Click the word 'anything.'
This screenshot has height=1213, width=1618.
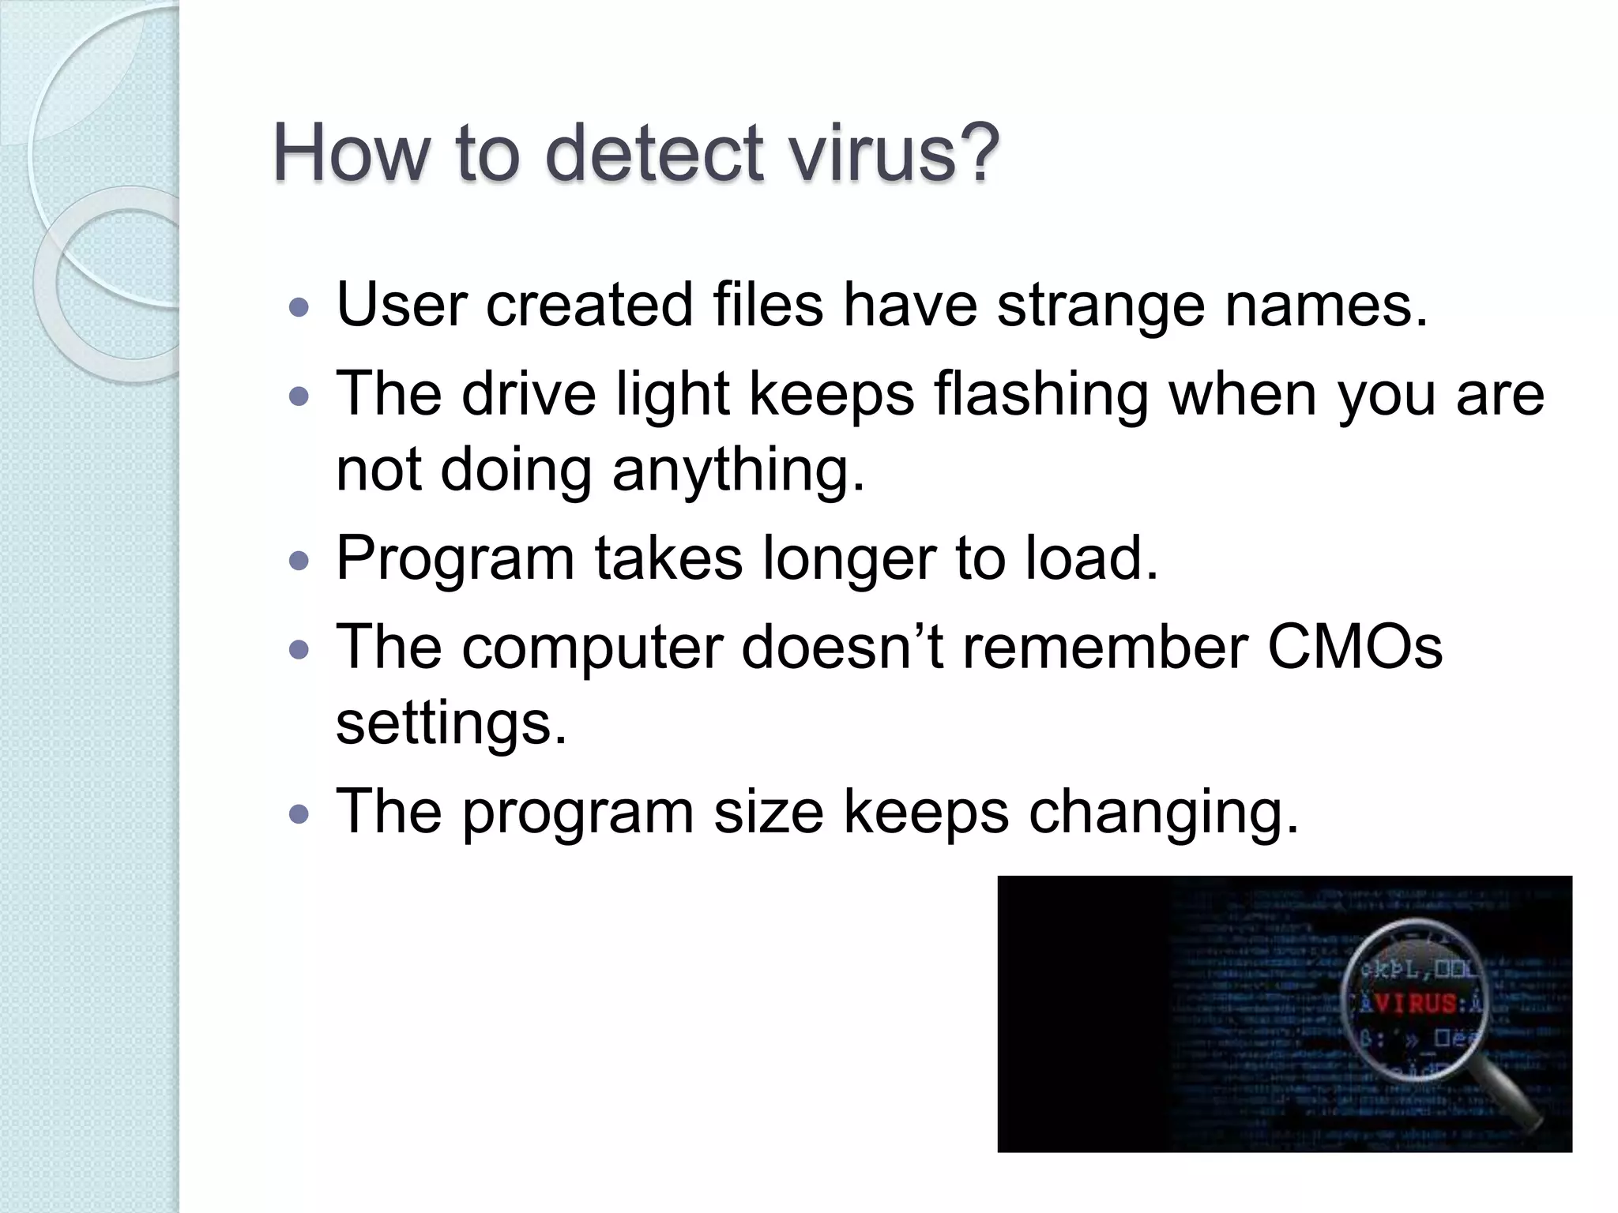pos(738,470)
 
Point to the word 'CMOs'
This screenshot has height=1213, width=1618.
pos(1355,647)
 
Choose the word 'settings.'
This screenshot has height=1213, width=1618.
pos(451,723)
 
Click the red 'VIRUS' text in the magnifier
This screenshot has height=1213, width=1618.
pos(1415,1004)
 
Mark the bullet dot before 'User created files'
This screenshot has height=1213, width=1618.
pos(299,307)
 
